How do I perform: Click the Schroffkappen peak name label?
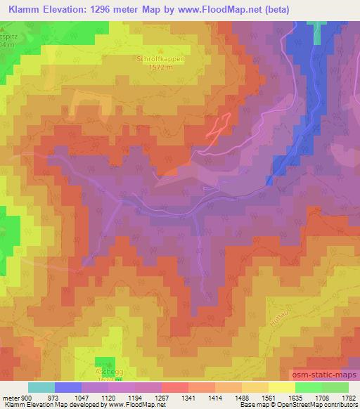pos(160,60)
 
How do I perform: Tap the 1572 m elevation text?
pos(160,67)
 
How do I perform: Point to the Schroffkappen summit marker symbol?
pos(160,51)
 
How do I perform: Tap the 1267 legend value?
pos(162,398)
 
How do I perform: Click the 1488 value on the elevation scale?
pos(243,398)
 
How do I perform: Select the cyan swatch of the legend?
pos(41,387)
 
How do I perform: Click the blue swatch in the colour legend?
pos(67,387)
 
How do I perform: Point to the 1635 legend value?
pos(296,398)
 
